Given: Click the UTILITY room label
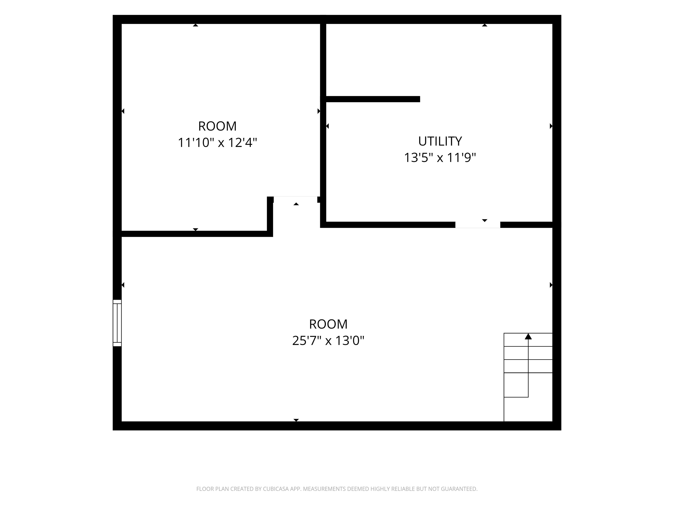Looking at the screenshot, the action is click(x=440, y=141).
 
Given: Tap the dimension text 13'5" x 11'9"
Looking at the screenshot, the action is click(x=440, y=158).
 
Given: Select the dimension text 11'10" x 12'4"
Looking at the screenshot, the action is click(x=217, y=143).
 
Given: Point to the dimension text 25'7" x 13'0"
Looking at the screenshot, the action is click(x=328, y=340).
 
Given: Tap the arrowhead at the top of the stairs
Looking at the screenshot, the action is click(x=528, y=336).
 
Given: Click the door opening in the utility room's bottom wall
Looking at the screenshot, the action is click(x=477, y=225).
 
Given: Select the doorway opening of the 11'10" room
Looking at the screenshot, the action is click(x=295, y=199).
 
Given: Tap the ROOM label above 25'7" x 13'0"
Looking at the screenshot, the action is click(x=328, y=324).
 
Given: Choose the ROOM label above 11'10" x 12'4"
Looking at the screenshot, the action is click(x=217, y=126).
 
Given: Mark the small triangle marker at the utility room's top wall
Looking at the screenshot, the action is click(x=484, y=25).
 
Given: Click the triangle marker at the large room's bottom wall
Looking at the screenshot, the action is click(x=296, y=420).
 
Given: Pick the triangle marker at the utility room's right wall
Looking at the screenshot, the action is click(x=551, y=126).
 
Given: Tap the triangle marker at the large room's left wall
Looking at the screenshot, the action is click(x=123, y=285).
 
